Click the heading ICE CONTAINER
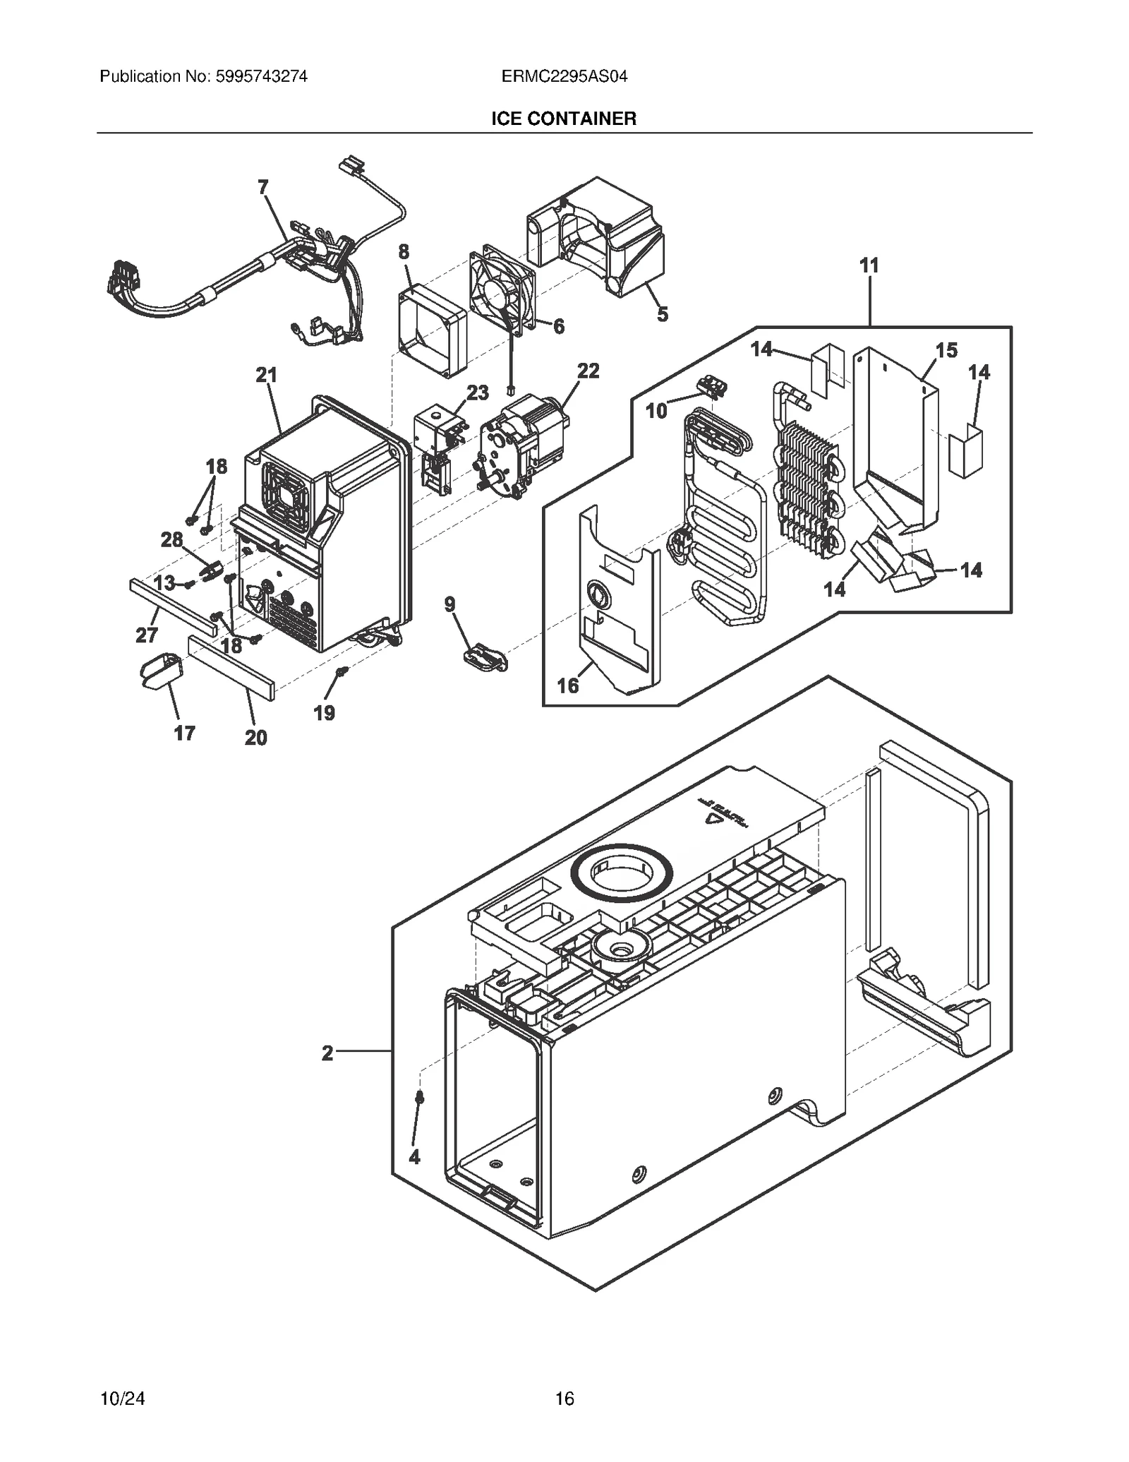564,119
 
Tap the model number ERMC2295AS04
564,76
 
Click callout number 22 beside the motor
588,371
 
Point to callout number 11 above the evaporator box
869,266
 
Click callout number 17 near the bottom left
184,733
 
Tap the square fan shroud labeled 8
432,332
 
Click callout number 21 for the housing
266,375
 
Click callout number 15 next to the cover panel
946,350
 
